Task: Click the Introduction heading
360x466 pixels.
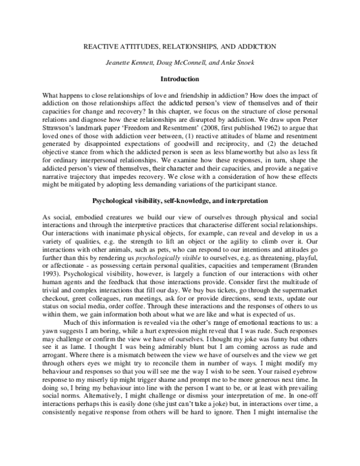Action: point(180,79)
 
